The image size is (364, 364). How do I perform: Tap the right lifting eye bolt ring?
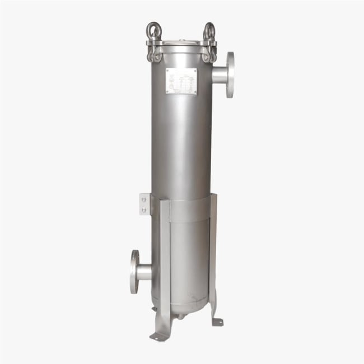point(208,30)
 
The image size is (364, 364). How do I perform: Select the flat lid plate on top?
point(180,42)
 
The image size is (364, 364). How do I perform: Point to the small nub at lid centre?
point(180,39)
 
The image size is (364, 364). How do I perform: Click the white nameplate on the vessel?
point(181,82)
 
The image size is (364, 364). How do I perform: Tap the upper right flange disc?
point(230,74)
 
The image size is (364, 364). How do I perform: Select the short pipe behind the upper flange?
point(220,74)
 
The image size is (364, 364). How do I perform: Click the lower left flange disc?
point(134,272)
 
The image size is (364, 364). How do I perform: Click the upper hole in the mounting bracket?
point(144,198)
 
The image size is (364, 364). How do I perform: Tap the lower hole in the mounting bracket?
point(144,210)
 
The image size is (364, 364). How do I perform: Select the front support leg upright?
point(165,263)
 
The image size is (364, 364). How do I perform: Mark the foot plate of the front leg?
point(158,336)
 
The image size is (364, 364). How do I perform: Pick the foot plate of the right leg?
point(217,321)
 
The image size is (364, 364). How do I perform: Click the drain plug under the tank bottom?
point(180,316)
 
